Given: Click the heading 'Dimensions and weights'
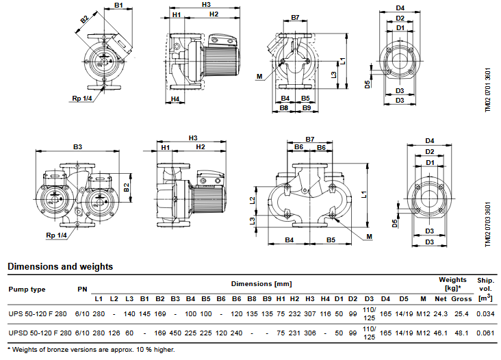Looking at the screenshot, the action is click(60, 267).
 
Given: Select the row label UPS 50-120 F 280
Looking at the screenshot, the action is click(38, 314).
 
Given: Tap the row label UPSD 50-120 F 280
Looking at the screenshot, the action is click(40, 333).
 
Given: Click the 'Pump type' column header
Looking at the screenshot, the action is click(27, 290).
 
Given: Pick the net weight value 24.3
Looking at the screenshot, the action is click(440, 314).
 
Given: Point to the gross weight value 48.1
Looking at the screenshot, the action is click(461, 333).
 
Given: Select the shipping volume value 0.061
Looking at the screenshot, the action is click(485, 333).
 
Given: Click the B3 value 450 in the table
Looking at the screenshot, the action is click(175, 333).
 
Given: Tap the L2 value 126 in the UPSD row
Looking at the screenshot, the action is click(114, 333).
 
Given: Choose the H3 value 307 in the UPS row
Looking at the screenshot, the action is click(310, 314).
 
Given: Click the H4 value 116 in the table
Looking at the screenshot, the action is click(325, 314).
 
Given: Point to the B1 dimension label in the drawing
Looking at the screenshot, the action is click(118, 5).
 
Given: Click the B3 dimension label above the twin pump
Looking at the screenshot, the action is click(77, 147).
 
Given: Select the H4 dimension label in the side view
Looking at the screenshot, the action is click(175, 99).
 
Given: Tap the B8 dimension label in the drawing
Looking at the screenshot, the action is click(284, 108).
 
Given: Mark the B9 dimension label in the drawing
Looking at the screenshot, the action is click(307, 108).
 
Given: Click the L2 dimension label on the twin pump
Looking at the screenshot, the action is click(253, 201).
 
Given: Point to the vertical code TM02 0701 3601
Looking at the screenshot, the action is click(487, 90).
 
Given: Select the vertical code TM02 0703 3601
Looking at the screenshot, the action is click(487, 224).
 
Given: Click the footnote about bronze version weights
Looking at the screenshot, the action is click(91, 350).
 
